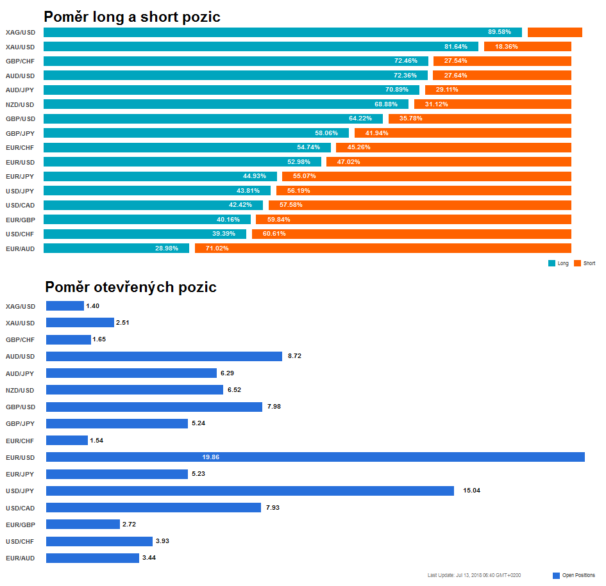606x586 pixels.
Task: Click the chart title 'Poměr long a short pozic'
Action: [x=132, y=17]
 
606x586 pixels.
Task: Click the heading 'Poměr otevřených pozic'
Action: [x=131, y=287]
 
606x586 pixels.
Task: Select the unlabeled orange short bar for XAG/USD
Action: [x=555, y=33]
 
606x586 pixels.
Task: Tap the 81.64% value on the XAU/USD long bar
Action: [x=456, y=47]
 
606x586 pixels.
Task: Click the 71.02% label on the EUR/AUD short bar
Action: [x=217, y=248]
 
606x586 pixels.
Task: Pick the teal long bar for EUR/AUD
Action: [x=116, y=248]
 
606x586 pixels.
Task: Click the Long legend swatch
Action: [x=551, y=263]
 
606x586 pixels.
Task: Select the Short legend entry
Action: [x=585, y=263]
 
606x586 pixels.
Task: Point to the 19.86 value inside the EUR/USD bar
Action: [x=210, y=457]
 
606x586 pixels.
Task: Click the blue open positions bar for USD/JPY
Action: [x=250, y=491]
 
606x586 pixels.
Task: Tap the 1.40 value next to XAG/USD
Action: [x=93, y=306]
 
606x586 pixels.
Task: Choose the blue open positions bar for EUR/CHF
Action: [x=67, y=441]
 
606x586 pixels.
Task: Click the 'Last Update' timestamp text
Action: [x=474, y=575]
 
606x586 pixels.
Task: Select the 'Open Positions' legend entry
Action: [x=574, y=575]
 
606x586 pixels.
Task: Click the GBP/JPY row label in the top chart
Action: [x=20, y=134]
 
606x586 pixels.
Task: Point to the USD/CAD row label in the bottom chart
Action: [x=20, y=508]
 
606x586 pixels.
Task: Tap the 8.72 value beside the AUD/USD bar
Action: [x=294, y=356]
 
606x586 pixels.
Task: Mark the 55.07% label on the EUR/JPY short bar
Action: [x=305, y=176]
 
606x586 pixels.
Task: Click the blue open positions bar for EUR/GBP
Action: [x=83, y=525]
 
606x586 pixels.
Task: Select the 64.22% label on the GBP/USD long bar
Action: [x=360, y=118]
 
